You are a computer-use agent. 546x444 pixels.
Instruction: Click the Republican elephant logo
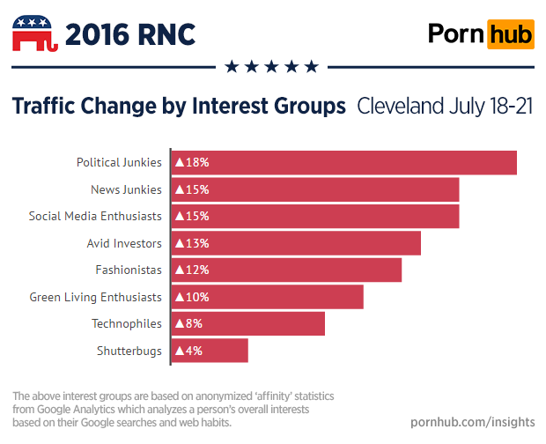(x=34, y=34)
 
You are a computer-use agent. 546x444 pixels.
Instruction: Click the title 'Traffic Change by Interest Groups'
(x=178, y=107)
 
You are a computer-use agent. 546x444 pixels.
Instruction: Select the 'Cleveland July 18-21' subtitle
(x=445, y=107)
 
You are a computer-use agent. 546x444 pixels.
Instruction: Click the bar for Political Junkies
(x=343, y=162)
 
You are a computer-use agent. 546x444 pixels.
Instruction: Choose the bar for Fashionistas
(x=285, y=270)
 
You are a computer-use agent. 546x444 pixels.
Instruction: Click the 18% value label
(x=192, y=162)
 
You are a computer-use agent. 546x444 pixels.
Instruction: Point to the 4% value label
(x=188, y=351)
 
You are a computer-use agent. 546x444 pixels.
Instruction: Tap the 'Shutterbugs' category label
(x=129, y=351)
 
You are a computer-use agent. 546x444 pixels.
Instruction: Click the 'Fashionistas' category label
(x=129, y=270)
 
